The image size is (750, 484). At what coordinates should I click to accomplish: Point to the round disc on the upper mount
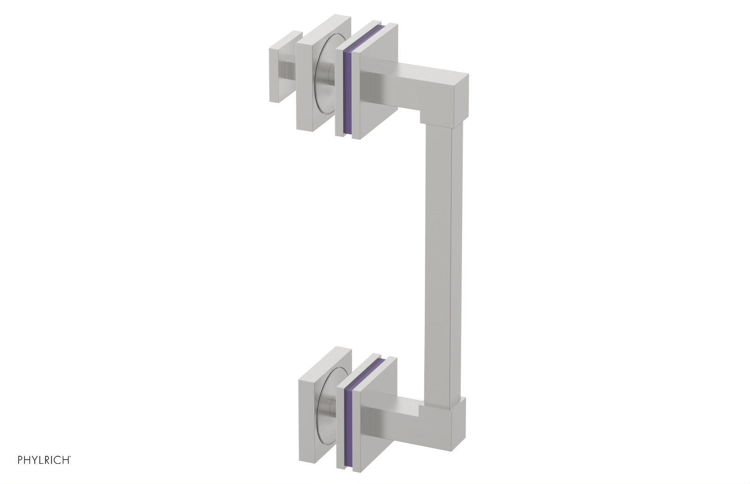click(323, 80)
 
